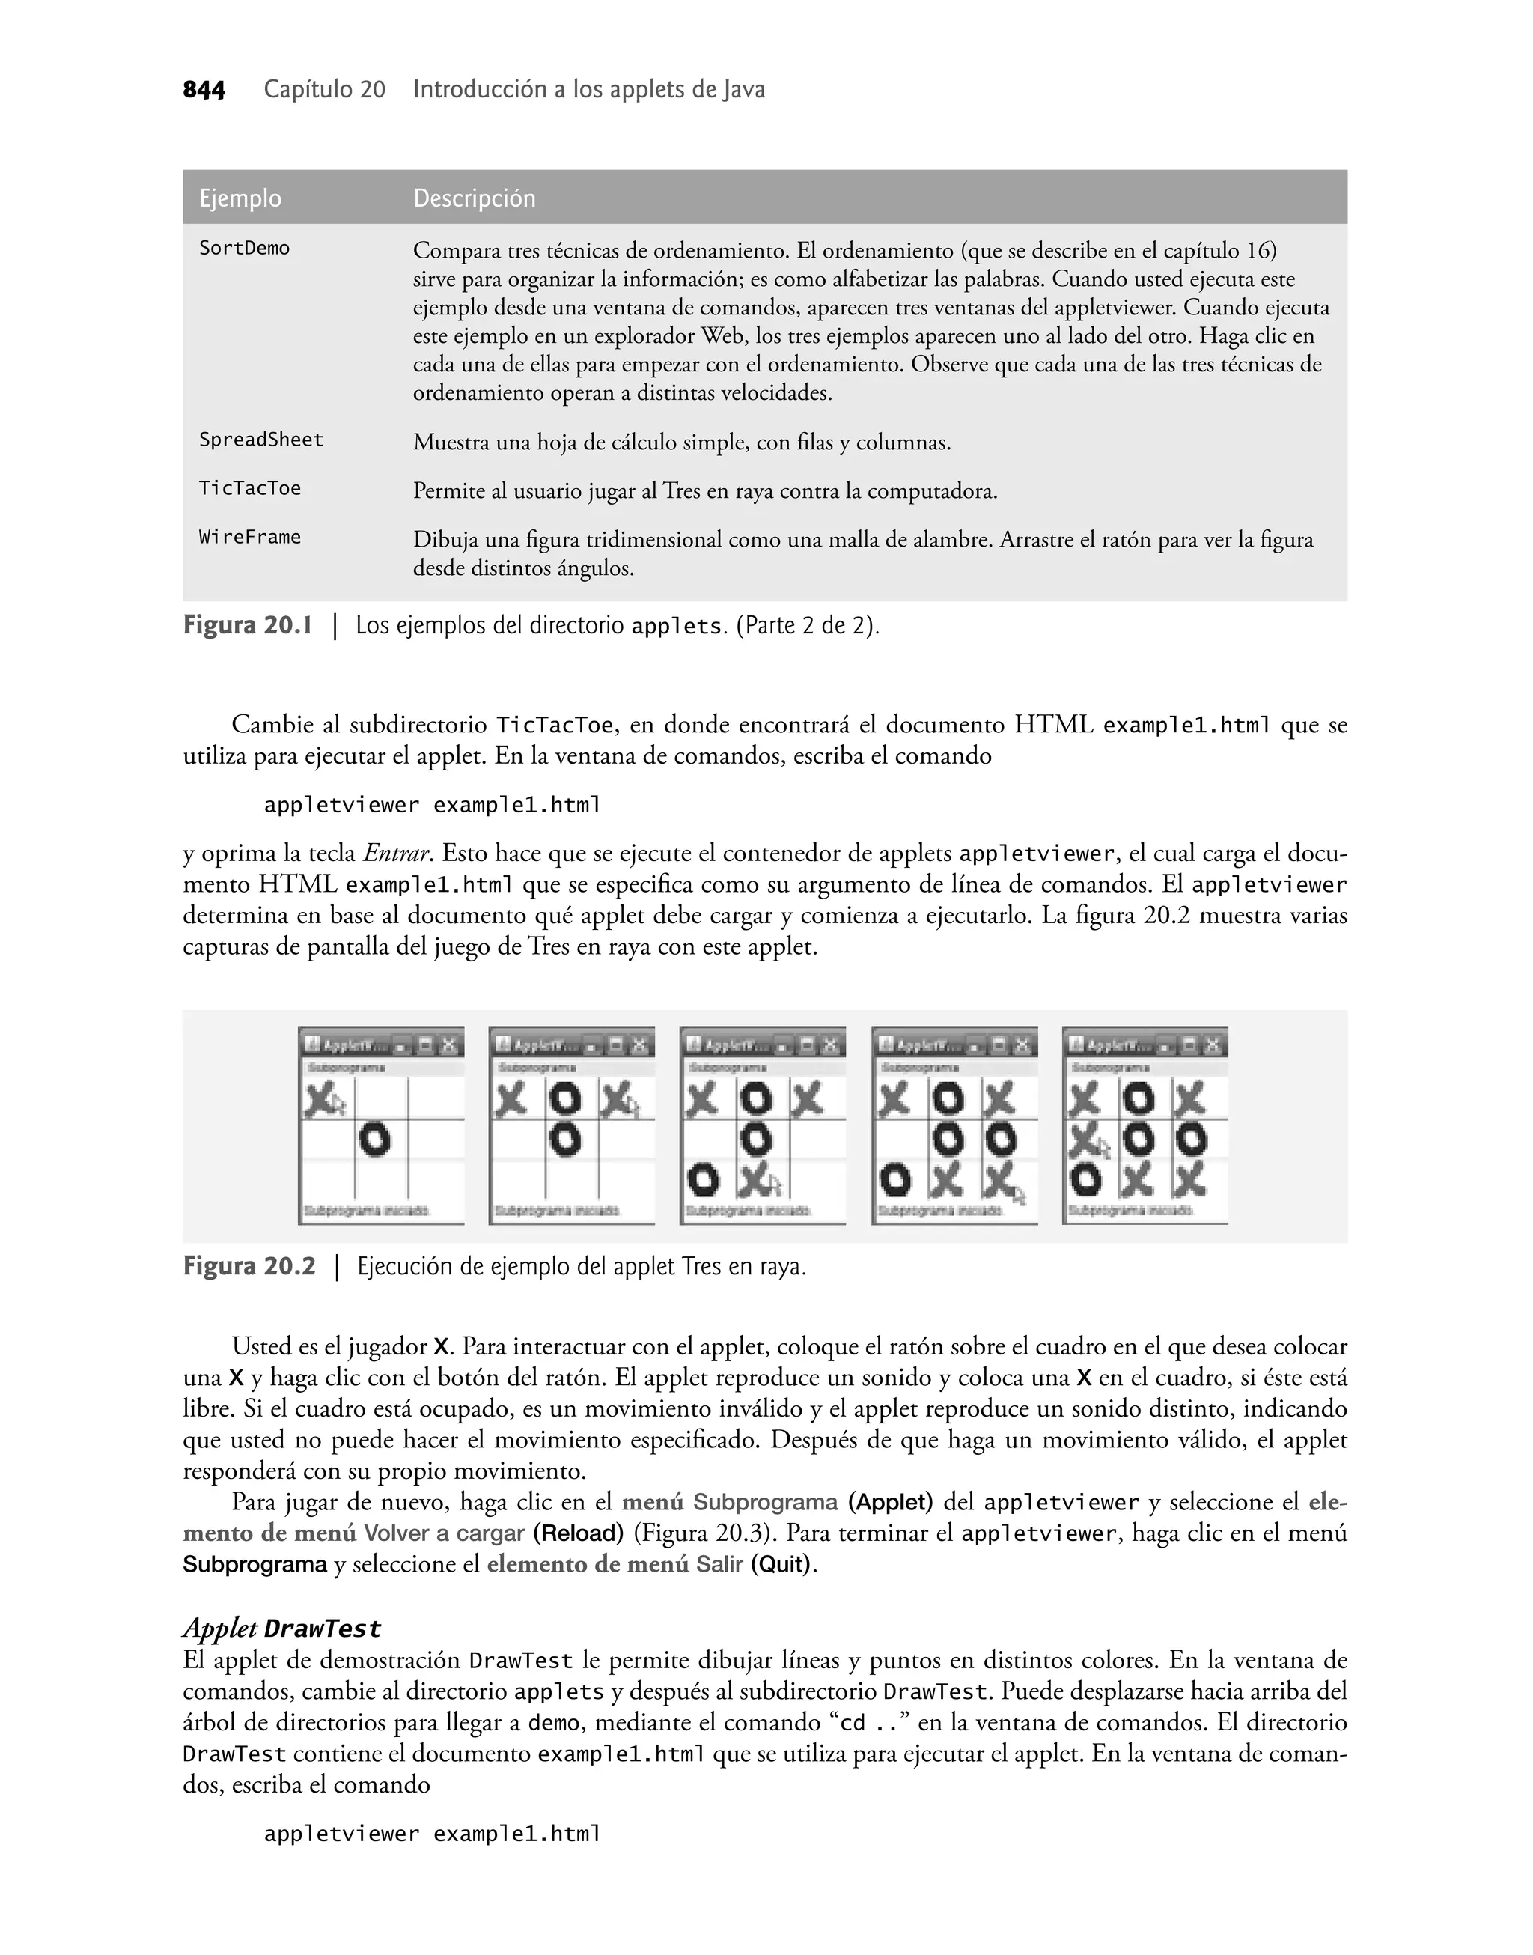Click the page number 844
click(x=204, y=91)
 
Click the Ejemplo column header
click(x=240, y=198)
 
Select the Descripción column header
click(x=474, y=198)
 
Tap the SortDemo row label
click(x=244, y=249)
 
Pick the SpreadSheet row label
click(x=261, y=440)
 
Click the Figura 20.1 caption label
click(x=248, y=626)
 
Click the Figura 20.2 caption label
click(x=249, y=1267)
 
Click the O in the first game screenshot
click(x=375, y=1140)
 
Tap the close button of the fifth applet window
click(x=1213, y=1045)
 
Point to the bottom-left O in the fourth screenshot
click(x=894, y=1180)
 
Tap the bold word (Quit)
click(x=781, y=1565)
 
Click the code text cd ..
click(x=853, y=1723)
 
